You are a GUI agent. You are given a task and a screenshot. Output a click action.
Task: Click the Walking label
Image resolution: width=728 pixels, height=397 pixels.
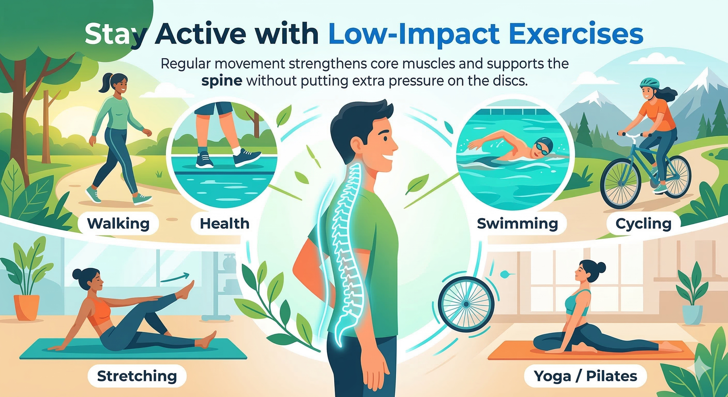pos(118,224)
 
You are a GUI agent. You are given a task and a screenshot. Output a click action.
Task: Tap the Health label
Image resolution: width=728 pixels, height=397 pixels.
pos(225,224)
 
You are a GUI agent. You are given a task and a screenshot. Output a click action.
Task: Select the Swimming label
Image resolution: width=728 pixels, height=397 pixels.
pos(518,224)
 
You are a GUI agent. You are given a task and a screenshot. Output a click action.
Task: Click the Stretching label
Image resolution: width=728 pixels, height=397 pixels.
pos(137,376)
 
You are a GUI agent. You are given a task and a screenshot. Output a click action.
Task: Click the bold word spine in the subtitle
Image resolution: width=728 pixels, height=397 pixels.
pos(222,81)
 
